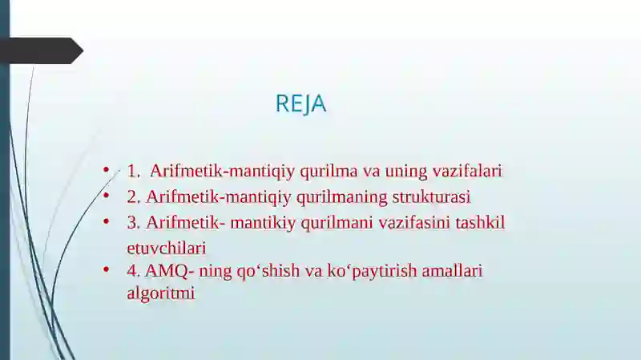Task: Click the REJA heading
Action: click(300, 104)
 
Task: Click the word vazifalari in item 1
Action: click(467, 171)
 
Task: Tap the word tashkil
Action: click(481, 222)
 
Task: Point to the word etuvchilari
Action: click(167, 248)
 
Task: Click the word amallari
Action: click(454, 271)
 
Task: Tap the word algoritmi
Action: click(161, 293)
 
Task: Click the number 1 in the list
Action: click(132, 171)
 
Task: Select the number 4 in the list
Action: click(132, 271)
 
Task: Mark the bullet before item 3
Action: click(105, 221)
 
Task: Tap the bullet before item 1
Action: click(105, 170)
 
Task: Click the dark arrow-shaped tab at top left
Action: click(44, 51)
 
